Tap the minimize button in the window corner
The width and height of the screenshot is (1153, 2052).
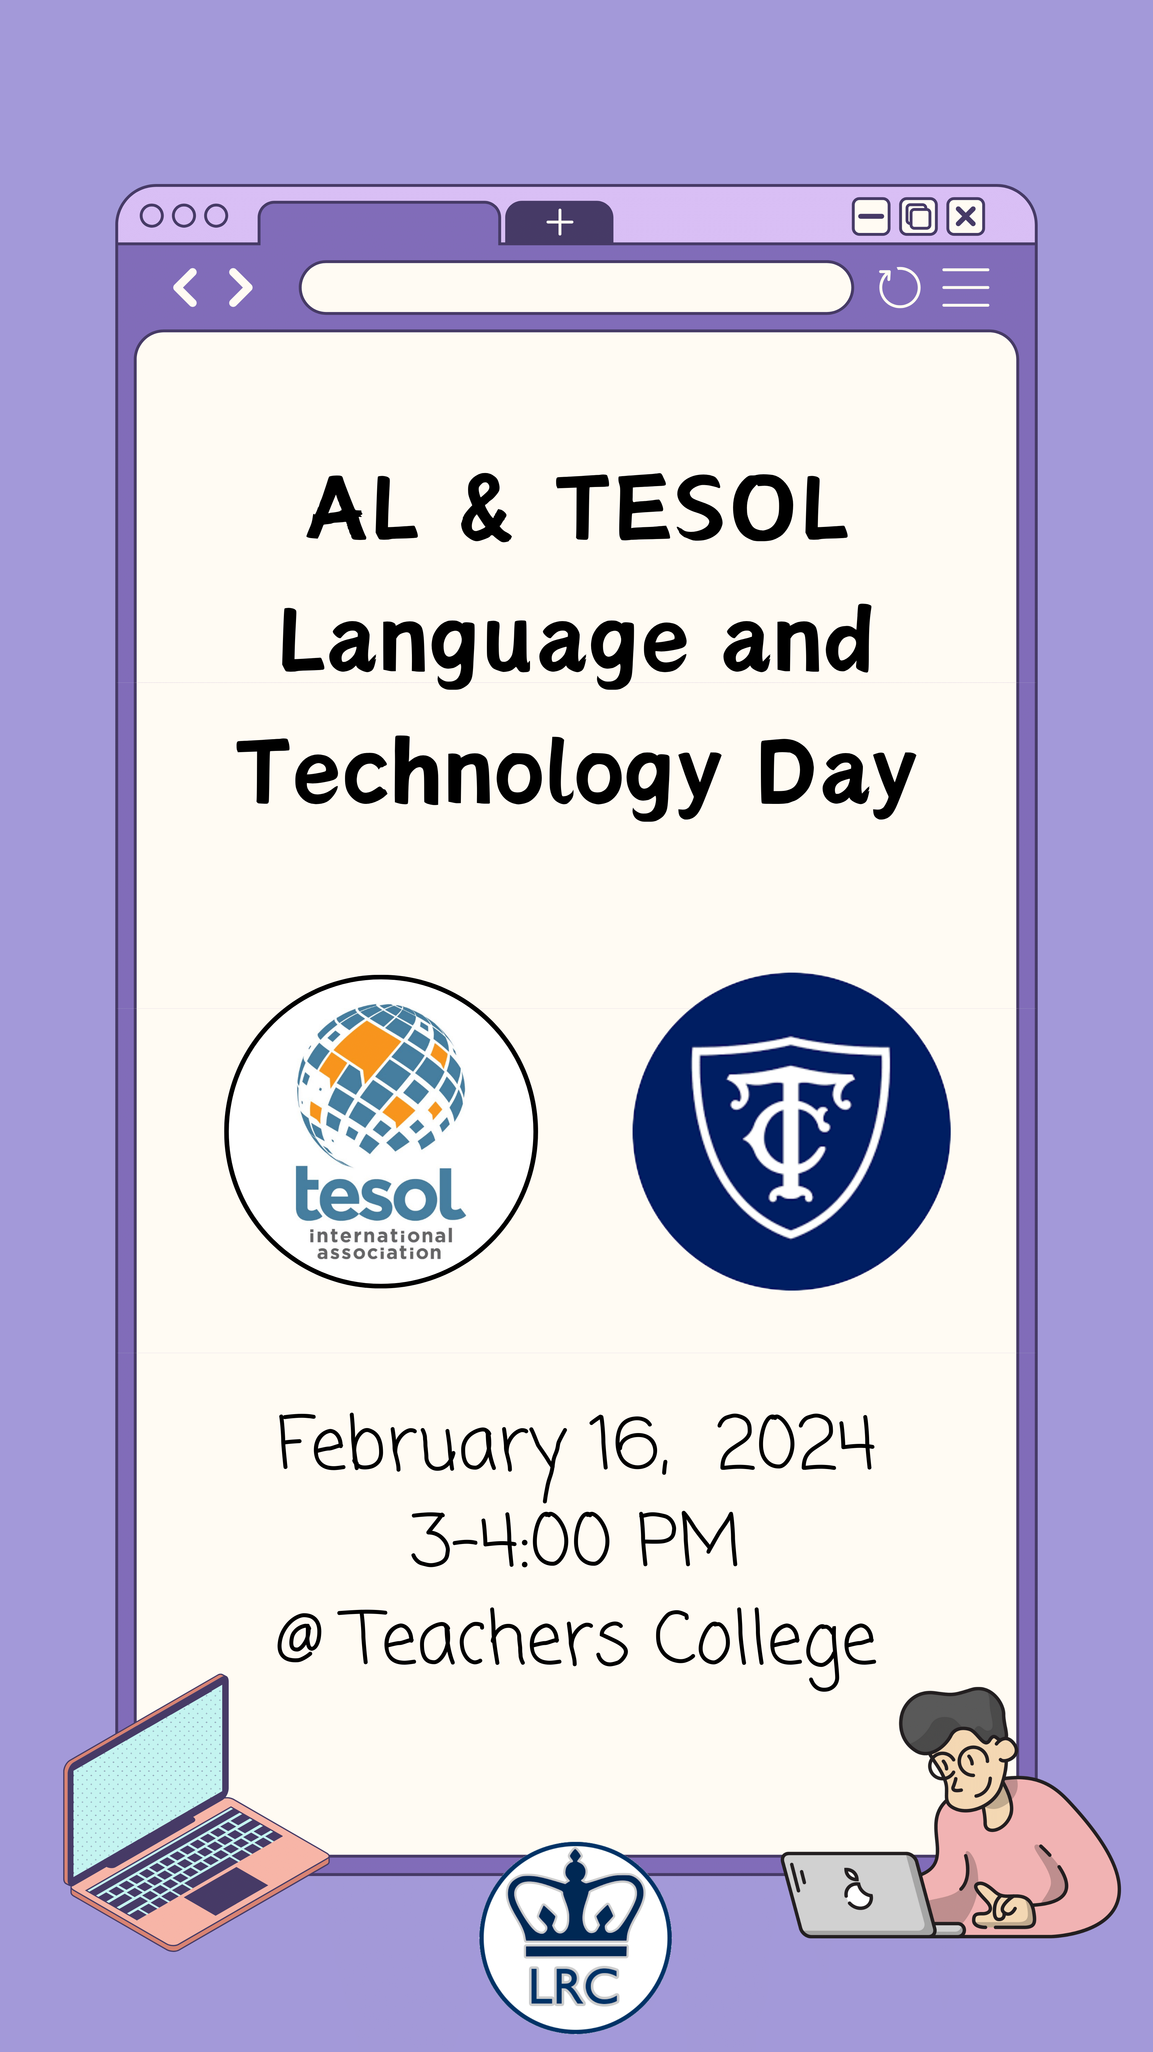871,217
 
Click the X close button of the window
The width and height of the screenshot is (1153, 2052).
966,217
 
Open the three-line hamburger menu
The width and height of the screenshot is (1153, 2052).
966,287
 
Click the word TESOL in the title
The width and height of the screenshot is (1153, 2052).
701,508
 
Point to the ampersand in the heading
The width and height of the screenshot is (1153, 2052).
485,508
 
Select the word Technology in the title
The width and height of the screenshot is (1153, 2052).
479,774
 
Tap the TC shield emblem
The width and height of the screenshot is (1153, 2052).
790,1137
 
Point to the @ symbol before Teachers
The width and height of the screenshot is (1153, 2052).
299,1638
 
